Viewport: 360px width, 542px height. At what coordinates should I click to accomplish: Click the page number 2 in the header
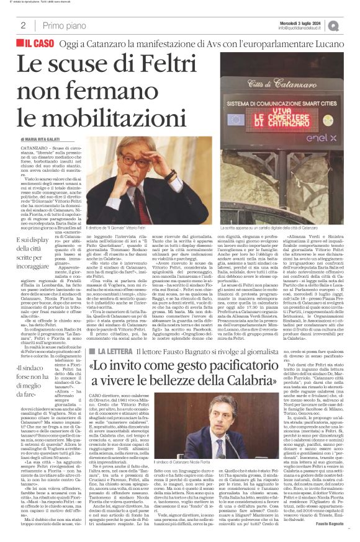click(x=22, y=25)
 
